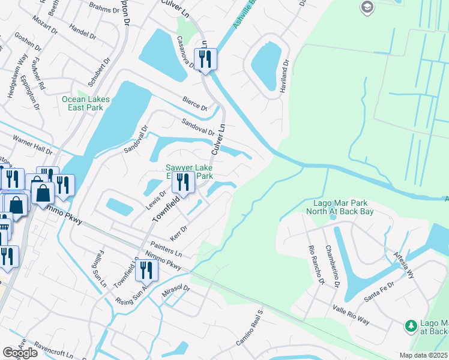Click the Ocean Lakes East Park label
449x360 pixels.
point(82,103)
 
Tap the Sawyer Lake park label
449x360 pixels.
point(189,172)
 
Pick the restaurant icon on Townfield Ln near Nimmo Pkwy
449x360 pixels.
point(146,271)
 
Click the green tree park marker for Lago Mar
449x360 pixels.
point(411,326)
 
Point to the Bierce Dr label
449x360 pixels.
point(196,104)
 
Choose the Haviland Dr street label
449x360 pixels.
point(285,75)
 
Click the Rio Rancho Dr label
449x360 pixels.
point(316,264)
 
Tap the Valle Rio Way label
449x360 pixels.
point(352,313)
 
